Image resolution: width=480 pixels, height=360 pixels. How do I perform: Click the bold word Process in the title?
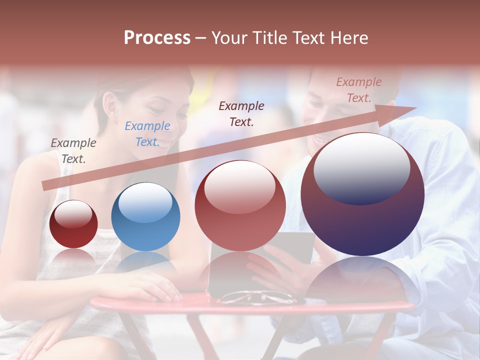157,38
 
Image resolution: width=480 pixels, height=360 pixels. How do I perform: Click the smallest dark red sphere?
73,224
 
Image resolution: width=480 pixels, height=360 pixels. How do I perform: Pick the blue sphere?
145,217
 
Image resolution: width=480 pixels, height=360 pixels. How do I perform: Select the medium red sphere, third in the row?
240,206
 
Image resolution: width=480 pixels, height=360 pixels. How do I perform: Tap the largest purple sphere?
362,194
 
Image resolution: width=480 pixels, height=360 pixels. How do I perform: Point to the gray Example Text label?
73,151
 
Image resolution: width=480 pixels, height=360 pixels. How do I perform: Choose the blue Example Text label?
147,134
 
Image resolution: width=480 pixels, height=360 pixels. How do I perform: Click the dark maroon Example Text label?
241,113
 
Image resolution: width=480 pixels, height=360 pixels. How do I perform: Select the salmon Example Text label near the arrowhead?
358,90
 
